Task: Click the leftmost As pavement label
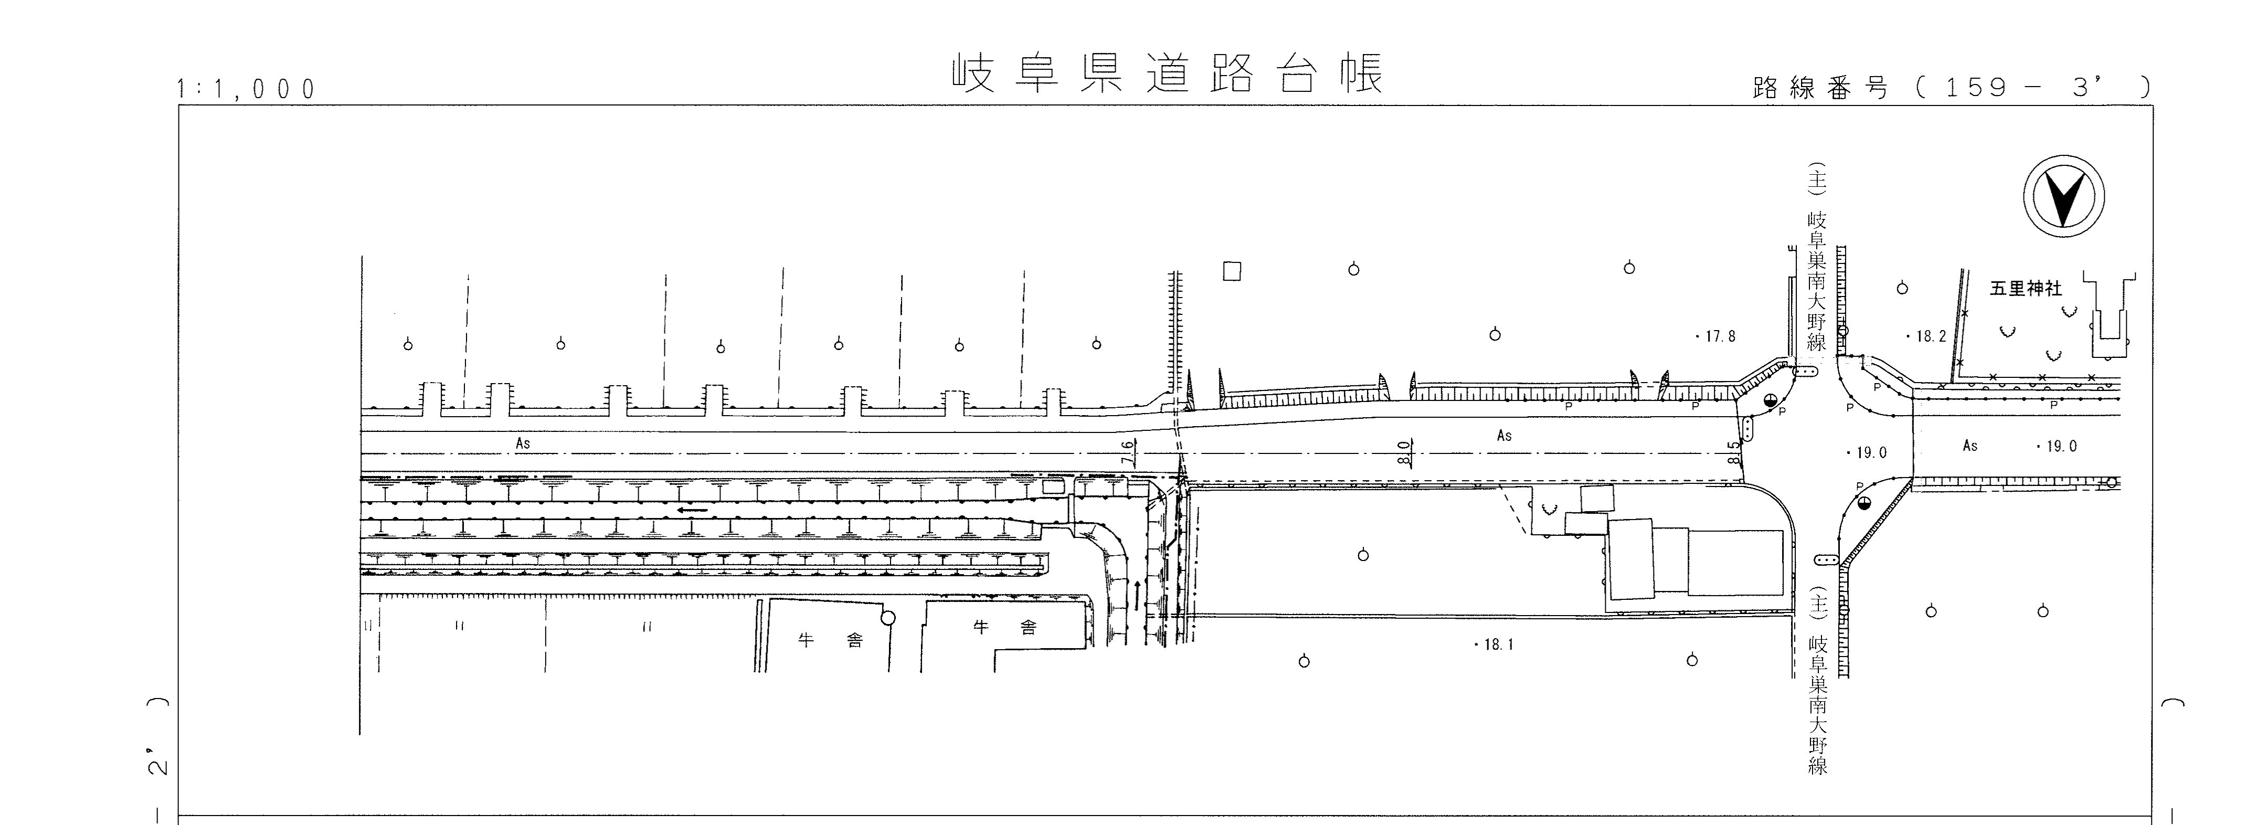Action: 523,443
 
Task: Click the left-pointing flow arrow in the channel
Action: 692,509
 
